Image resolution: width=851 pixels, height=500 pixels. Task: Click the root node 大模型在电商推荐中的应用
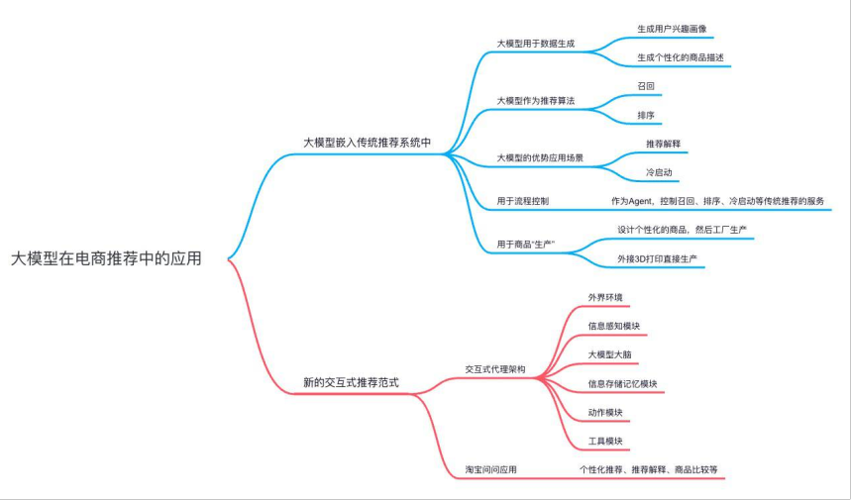(106, 258)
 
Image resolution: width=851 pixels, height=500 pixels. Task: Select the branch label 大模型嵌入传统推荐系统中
(368, 143)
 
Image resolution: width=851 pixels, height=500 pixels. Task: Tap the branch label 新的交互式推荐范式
(351, 382)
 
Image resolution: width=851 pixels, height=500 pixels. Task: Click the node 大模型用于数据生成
(536, 45)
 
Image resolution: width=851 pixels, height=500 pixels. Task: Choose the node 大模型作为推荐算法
(536, 102)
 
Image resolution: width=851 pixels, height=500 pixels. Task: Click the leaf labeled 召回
(646, 87)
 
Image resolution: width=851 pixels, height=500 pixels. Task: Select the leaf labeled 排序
(646, 116)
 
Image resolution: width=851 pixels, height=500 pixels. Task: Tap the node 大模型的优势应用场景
(540, 158)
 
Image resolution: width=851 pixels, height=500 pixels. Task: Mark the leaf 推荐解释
(663, 144)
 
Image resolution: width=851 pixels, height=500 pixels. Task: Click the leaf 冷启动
(660, 172)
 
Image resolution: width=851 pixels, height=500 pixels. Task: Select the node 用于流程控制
(523, 201)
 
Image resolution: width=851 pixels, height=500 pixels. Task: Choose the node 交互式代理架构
(495, 369)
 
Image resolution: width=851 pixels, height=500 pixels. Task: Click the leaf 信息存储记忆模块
(622, 383)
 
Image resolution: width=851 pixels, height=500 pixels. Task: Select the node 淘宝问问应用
(491, 469)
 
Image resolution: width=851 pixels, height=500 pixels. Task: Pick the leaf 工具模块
(605, 441)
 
